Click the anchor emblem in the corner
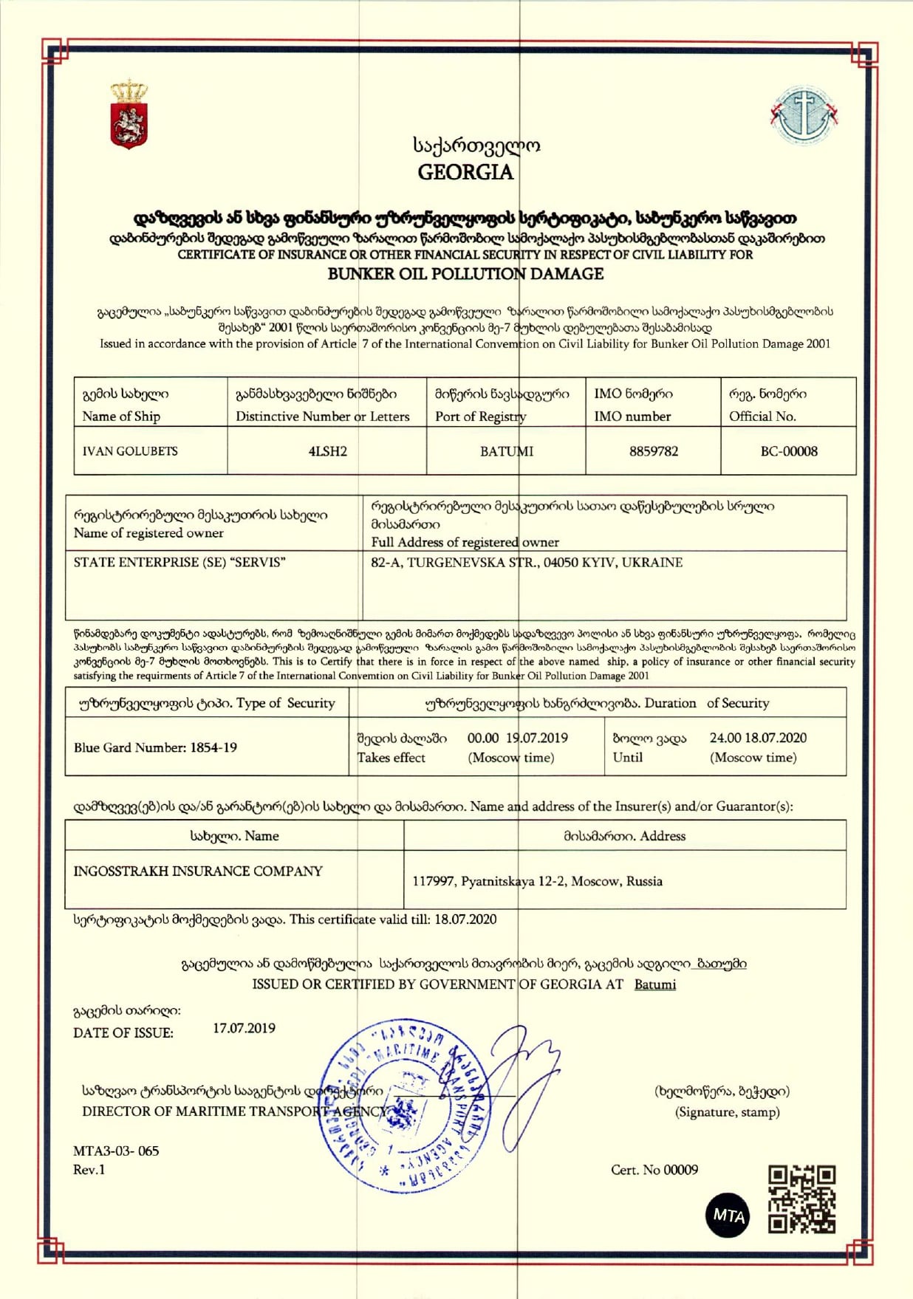click(x=804, y=115)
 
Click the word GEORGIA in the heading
click(x=465, y=172)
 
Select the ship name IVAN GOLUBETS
click(x=130, y=451)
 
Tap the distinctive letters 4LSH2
click(x=327, y=451)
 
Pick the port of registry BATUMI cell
click(x=506, y=451)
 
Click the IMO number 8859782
click(x=653, y=451)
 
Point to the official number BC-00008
click(x=788, y=451)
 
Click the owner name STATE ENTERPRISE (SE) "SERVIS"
click(x=179, y=562)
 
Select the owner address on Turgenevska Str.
click(x=526, y=562)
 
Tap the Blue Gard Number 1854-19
click(x=155, y=747)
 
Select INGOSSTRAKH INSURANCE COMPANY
click(x=197, y=871)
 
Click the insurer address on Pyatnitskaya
click(x=537, y=881)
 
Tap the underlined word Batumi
click(x=654, y=984)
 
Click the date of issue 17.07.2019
click(x=244, y=1028)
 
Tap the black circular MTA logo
click(x=728, y=1215)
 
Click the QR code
click(x=801, y=1200)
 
